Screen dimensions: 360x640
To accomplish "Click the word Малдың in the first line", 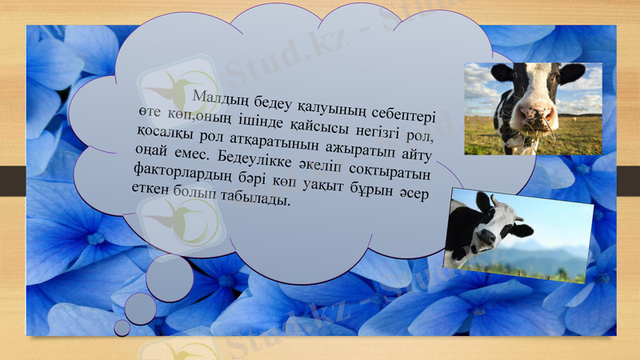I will tap(218, 98).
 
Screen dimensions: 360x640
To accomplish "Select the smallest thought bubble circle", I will tap(122, 327).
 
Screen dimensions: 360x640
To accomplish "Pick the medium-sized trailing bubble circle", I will tap(140, 308).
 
